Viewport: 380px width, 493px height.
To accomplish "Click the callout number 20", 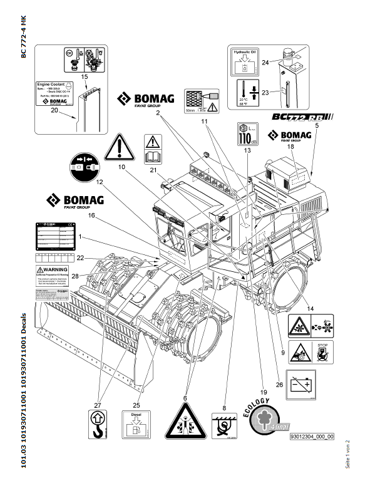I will point(54,110).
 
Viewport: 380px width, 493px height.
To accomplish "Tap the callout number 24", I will point(265,62).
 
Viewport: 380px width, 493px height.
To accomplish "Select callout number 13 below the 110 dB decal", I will point(247,151).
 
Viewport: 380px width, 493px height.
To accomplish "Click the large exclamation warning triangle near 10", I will point(118,148).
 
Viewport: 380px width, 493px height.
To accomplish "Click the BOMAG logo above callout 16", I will point(75,202).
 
